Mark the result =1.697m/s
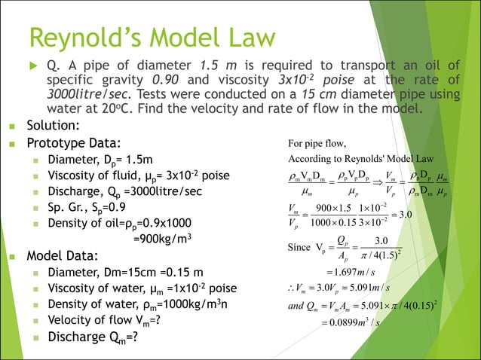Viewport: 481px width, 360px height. pos(351,271)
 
